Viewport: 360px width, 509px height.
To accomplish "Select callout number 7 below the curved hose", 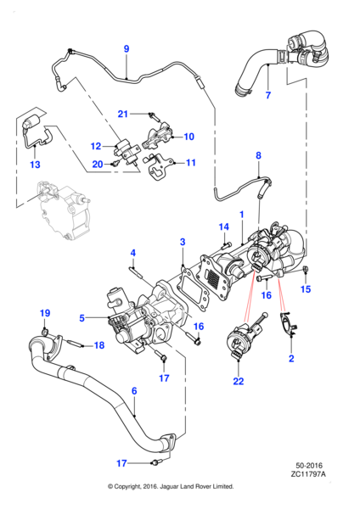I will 267,95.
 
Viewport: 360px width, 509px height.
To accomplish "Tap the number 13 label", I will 35,165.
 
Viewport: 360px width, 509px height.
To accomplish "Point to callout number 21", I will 123,114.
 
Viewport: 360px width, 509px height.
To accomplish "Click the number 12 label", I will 96,146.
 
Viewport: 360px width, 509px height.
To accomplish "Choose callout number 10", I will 188,136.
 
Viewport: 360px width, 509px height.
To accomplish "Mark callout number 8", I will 260,155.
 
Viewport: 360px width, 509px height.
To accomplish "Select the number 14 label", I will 224,227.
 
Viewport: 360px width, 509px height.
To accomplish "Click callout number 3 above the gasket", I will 182,243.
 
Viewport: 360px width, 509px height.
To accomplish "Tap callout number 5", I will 82,318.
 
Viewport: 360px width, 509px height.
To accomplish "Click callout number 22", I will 239,382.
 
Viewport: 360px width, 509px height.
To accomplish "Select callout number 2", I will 293,360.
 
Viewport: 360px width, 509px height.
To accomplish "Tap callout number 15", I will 307,289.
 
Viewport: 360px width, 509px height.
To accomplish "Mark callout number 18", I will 99,345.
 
